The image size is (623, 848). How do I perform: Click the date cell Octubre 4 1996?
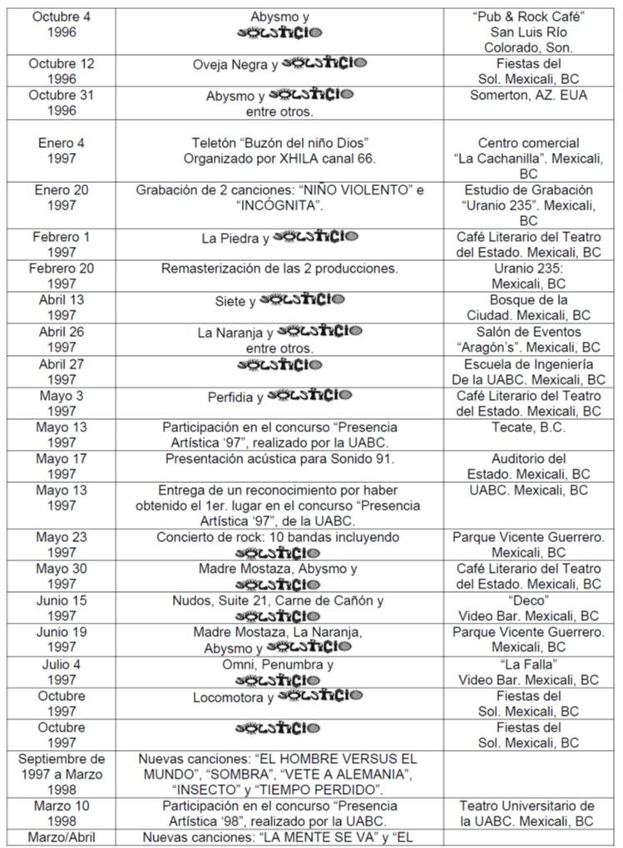click(x=62, y=23)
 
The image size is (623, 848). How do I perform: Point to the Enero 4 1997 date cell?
click(x=62, y=150)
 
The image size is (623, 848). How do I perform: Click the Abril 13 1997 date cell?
click(x=62, y=308)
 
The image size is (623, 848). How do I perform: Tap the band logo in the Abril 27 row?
click(x=280, y=364)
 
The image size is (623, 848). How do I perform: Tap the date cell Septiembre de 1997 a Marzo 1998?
click(x=62, y=774)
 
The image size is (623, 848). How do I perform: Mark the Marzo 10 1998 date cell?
click(x=62, y=813)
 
